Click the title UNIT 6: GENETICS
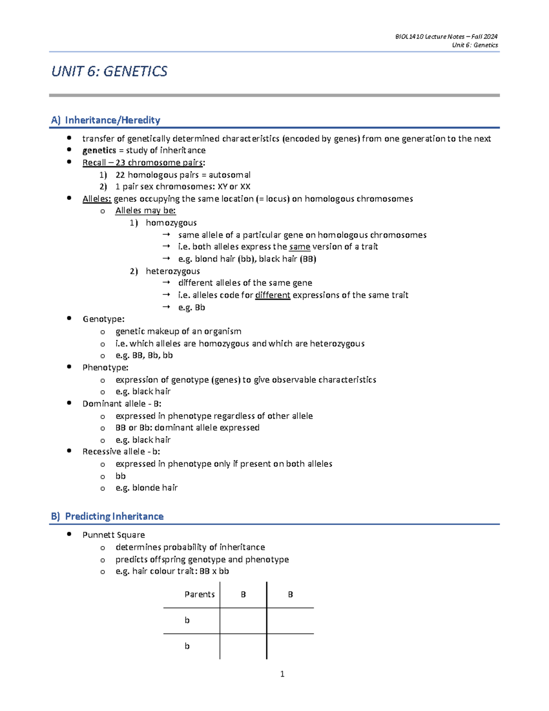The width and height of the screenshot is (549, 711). point(109,71)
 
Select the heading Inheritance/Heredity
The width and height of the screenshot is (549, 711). point(112,120)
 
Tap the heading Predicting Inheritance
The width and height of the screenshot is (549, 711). point(114,516)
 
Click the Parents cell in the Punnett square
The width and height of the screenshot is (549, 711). point(199,594)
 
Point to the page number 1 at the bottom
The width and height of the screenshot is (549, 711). point(282,674)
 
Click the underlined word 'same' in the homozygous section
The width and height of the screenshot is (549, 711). point(300,247)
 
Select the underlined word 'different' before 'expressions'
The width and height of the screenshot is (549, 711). point(273,295)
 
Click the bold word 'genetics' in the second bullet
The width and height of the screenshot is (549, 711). point(99,151)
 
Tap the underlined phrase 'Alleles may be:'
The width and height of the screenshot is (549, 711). point(145,211)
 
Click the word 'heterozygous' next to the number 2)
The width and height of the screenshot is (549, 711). point(172,271)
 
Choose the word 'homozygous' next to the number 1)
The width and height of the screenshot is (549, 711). point(171,223)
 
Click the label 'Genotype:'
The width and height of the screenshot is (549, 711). point(103,319)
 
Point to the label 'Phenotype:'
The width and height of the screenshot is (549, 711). point(105,368)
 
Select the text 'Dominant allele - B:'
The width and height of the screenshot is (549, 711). point(122,404)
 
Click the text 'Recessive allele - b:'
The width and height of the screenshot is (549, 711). point(121,452)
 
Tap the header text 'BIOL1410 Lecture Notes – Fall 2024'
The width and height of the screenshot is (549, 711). point(446,37)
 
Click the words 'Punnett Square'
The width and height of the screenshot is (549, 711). point(113,535)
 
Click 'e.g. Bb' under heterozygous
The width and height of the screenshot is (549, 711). point(192,308)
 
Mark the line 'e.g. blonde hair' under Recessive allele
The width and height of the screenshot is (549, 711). point(146,488)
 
